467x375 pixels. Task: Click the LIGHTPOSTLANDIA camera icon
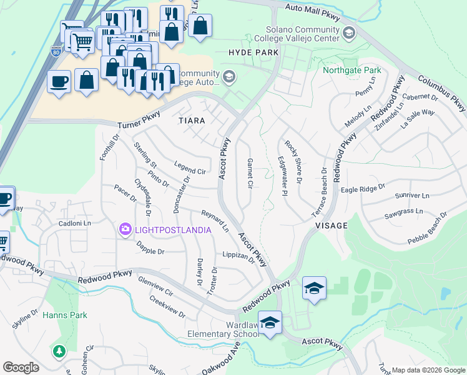(125, 230)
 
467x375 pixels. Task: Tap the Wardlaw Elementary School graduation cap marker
(270, 323)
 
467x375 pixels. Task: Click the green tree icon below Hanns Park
(59, 352)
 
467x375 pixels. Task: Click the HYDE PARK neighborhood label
(253, 53)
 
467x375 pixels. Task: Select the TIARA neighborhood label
(192, 119)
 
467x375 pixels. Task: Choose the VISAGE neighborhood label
(331, 225)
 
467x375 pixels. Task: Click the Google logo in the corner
(21, 367)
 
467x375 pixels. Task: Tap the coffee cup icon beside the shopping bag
(59, 82)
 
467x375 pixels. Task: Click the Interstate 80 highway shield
(56, 48)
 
